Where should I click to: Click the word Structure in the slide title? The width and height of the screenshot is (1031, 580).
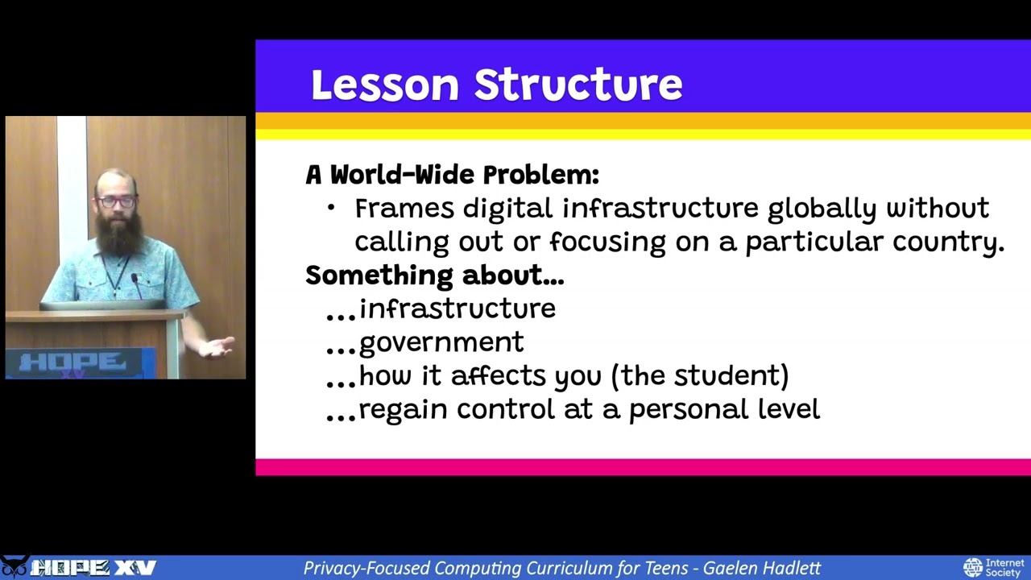coord(578,85)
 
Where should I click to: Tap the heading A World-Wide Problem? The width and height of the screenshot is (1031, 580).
coord(452,175)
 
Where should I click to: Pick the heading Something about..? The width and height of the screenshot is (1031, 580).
coord(434,275)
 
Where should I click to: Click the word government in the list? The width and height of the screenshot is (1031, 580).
coord(441,343)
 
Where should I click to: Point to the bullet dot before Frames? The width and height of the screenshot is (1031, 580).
coord(331,209)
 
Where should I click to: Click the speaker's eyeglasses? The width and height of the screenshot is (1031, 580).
coord(115,201)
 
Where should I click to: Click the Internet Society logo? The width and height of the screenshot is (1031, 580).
coord(994,567)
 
